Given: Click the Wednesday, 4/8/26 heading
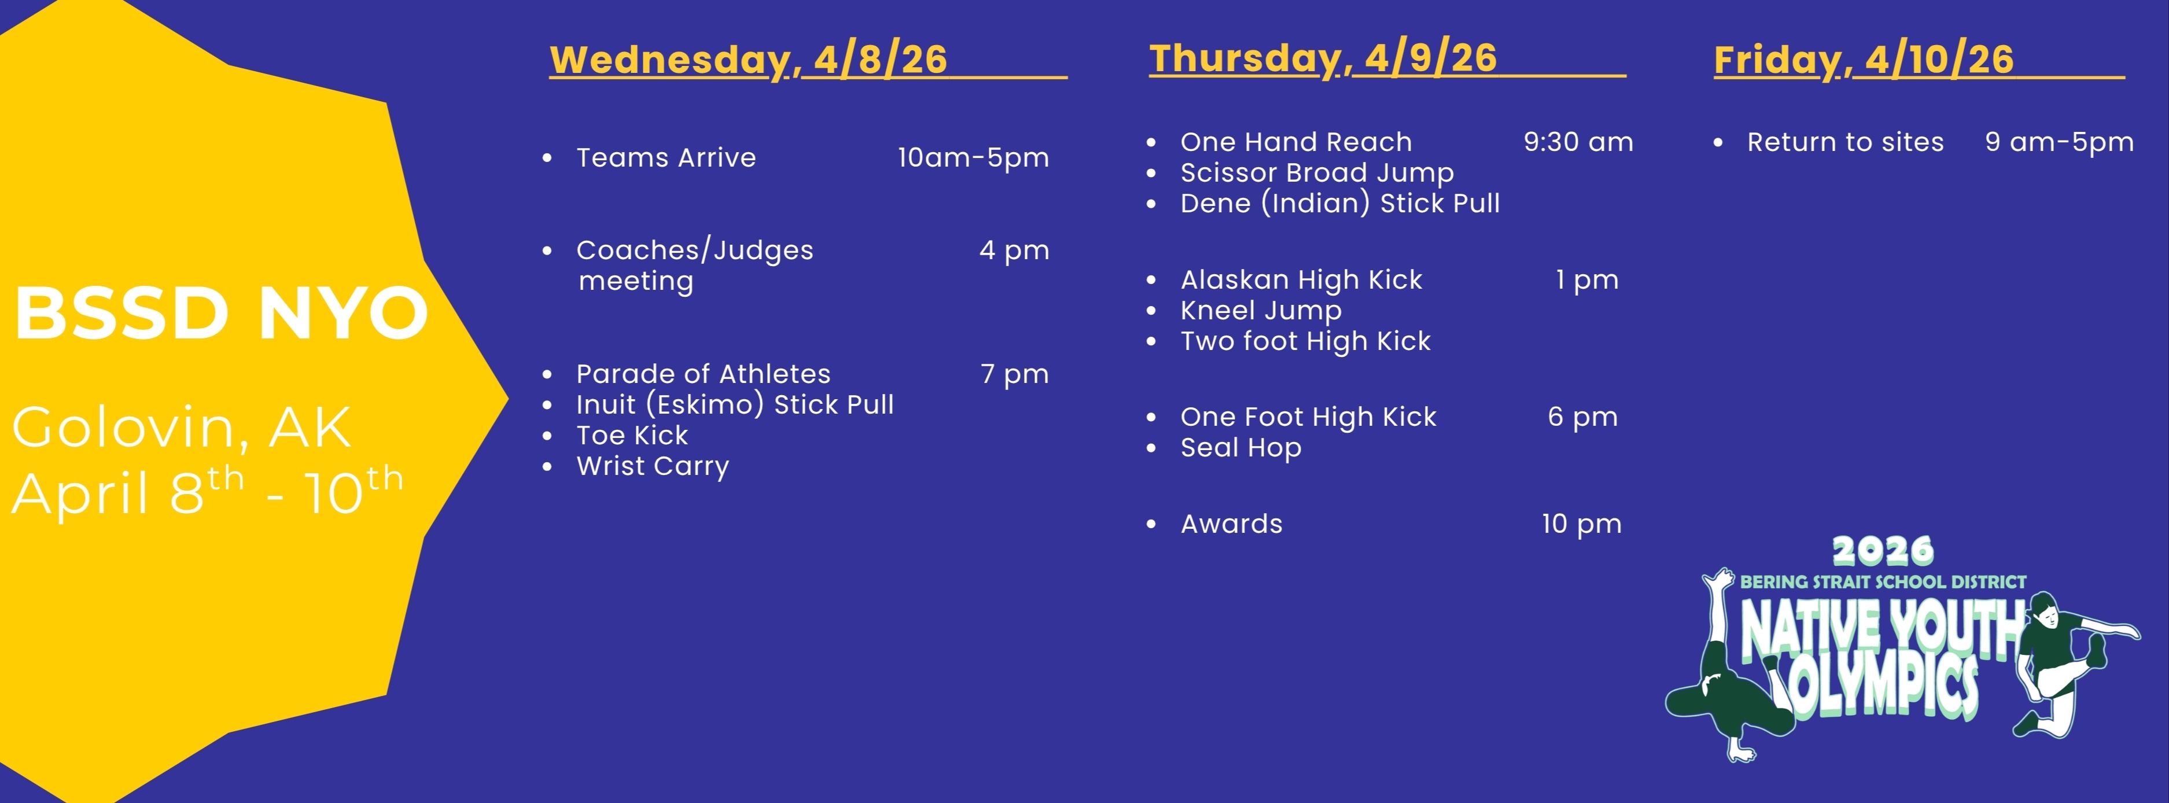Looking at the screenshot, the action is [749, 60].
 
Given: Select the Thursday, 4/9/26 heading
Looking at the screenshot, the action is [1324, 58].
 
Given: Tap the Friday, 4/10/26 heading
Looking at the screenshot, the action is [1864, 60].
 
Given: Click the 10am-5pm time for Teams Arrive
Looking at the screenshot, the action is [973, 157].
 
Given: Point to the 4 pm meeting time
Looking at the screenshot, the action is [1015, 250].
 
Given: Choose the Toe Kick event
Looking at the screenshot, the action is [632, 435].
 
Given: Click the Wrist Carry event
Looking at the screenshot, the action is [653, 466].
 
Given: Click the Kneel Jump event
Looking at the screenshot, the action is [1261, 311].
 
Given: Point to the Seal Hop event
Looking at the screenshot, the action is [1241, 448].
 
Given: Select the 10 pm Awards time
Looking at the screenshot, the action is [1581, 524].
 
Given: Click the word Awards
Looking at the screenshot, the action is [1232, 524].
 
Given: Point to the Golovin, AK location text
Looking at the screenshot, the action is [182, 428].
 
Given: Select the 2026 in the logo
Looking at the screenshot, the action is [1883, 551].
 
